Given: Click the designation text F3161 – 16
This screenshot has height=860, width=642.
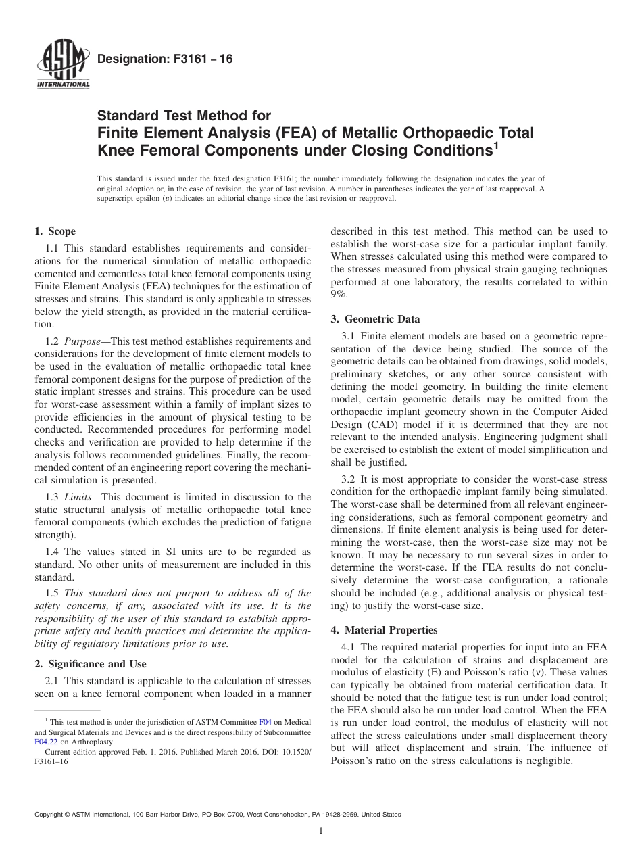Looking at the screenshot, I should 165,59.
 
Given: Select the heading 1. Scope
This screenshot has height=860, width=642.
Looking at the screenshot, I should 55,231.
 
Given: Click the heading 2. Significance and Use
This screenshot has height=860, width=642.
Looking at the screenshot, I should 91,664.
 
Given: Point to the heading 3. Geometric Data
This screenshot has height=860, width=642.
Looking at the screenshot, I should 375,319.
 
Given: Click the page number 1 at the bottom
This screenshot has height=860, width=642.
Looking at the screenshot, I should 321,831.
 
